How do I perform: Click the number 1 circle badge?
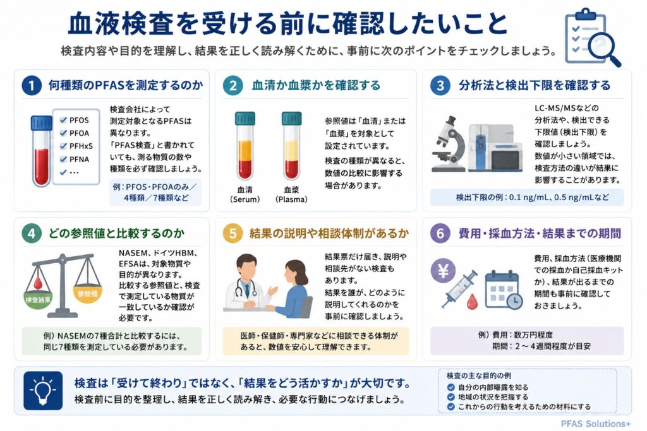pos(32,86)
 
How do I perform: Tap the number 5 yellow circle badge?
pos(233,233)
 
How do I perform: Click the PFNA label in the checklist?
pos(79,159)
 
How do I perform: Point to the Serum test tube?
pos(245,146)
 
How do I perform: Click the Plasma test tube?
pos(291,146)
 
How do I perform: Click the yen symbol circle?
pos(443,271)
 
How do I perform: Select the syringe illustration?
pos(459,289)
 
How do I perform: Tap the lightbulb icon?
pos(43,391)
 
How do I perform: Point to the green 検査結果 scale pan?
pos(38,298)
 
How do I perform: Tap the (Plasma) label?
pos(291,199)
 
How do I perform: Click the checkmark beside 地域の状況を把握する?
pos(451,397)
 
